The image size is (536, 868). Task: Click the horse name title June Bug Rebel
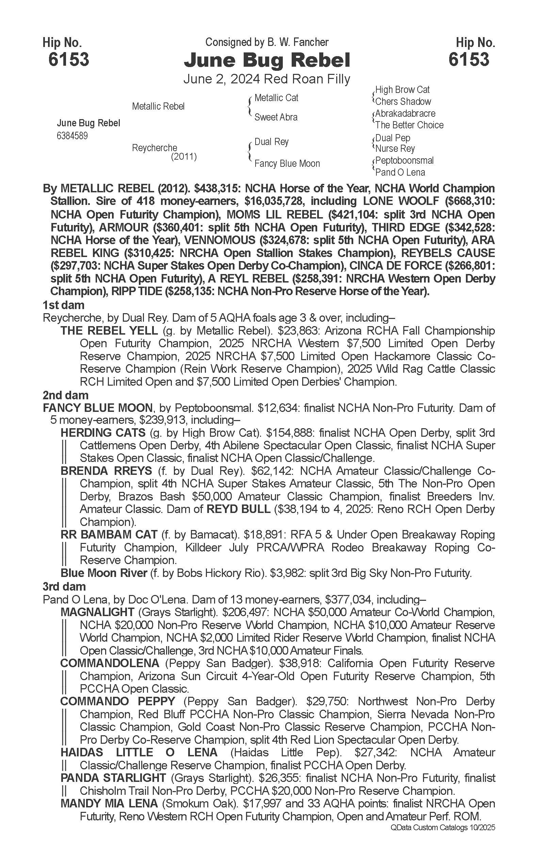tap(267, 60)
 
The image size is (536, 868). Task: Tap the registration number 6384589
tap(72, 136)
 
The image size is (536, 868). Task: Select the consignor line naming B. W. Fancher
tap(267, 43)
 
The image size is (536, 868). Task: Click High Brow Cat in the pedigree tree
tap(402, 90)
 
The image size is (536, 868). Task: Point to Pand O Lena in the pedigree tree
tap(400, 172)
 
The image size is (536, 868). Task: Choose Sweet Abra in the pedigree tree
tap(276, 117)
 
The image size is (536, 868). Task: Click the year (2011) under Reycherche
tap(184, 156)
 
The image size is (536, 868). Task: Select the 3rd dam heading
tap(64, 586)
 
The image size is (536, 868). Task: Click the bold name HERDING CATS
tap(103, 433)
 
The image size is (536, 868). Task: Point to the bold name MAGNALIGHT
tap(97, 612)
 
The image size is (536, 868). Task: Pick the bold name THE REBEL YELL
tap(109, 331)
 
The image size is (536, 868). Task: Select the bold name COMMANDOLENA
tap(110, 663)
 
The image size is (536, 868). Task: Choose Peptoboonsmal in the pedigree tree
tap(404, 161)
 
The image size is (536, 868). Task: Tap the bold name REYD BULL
tap(238, 509)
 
